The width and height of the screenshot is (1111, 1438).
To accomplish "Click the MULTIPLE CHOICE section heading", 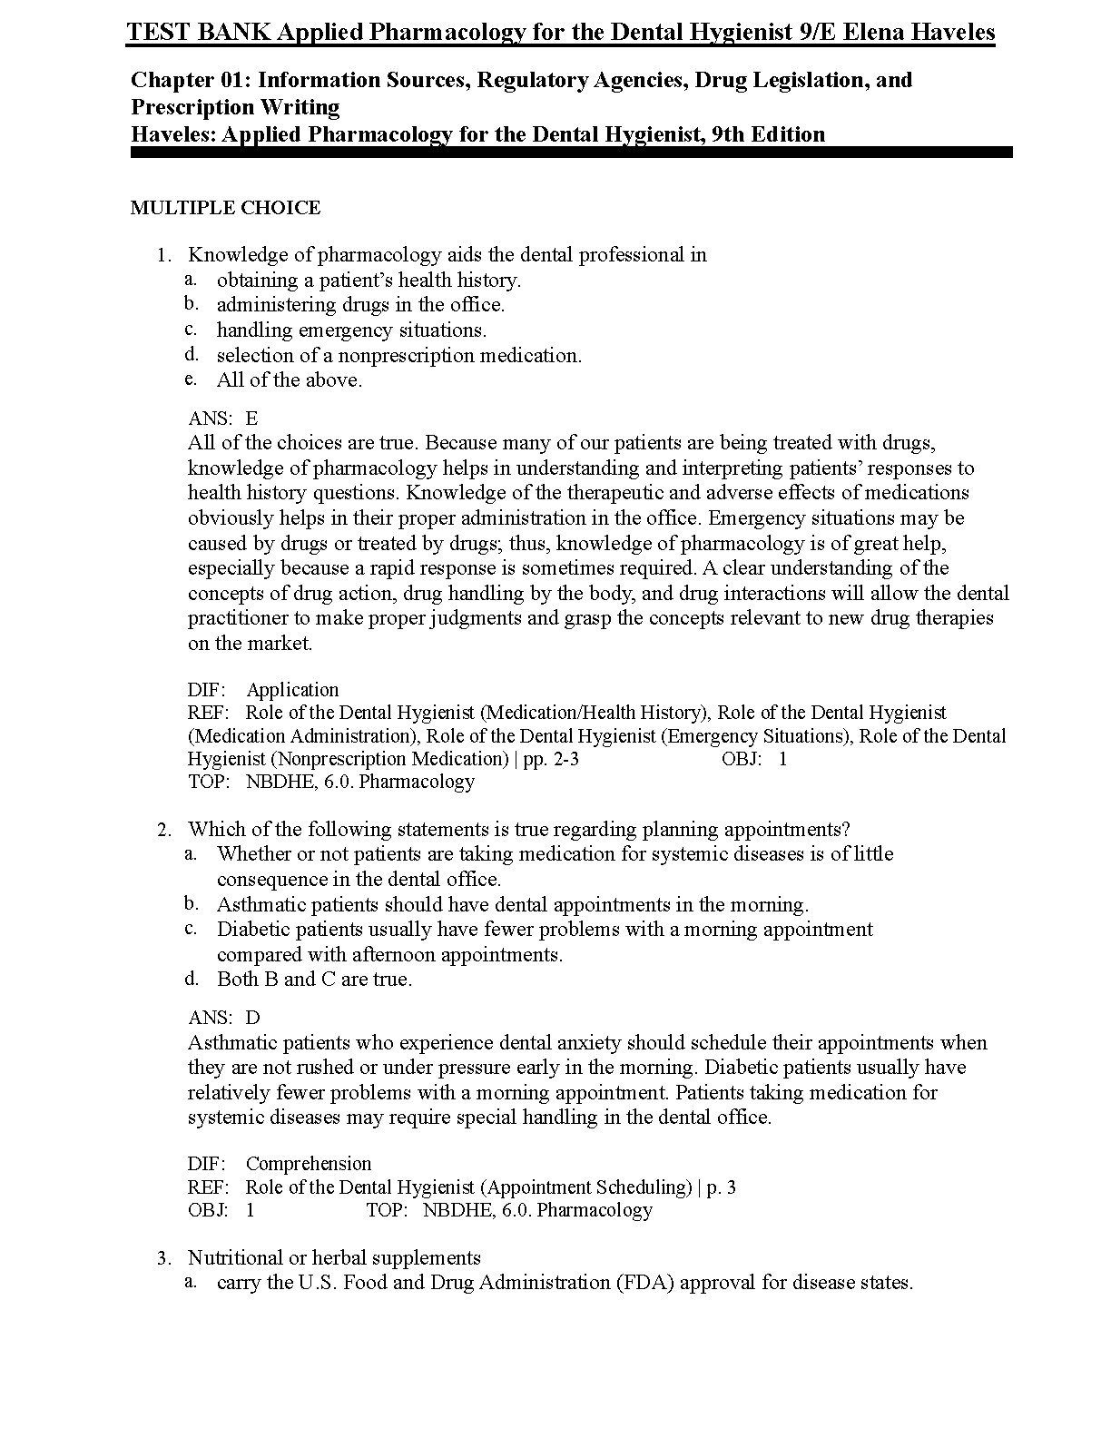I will click(x=225, y=208).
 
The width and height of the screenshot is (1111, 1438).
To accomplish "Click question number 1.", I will click(x=163, y=255).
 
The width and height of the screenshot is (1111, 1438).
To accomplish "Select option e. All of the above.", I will click(x=289, y=380).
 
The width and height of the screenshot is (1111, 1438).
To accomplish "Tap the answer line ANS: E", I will click(x=223, y=419).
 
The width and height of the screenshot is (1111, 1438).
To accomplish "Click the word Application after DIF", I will click(x=292, y=690).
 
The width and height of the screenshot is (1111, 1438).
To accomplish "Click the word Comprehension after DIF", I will click(x=309, y=1164).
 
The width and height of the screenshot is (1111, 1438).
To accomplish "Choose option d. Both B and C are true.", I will click(x=314, y=980).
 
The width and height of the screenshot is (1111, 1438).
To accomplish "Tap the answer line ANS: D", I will click(x=223, y=1018).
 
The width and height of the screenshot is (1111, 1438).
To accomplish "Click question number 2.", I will click(x=163, y=830).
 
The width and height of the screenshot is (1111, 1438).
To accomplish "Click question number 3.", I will click(x=163, y=1258).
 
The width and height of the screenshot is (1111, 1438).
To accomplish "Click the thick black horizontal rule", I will click(x=571, y=153).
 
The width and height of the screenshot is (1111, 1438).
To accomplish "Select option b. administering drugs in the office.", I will click(x=360, y=305).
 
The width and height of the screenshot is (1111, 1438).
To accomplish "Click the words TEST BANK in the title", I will click(x=196, y=34).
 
